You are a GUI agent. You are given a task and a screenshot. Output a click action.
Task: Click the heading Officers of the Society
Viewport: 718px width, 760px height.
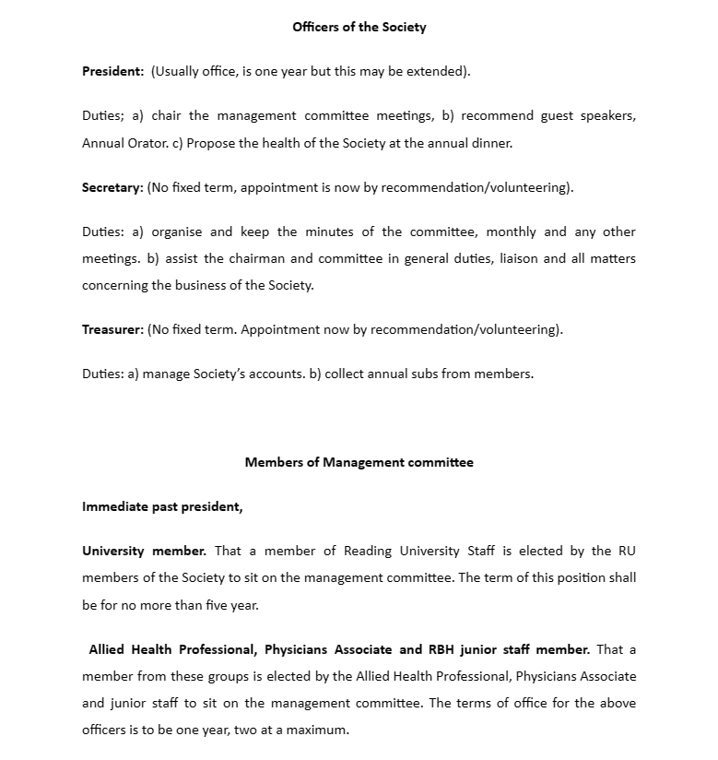[x=359, y=27]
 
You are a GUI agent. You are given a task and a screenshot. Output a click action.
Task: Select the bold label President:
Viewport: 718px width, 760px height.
[x=112, y=71]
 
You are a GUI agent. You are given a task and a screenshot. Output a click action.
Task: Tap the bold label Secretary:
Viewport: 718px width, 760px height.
[x=112, y=187]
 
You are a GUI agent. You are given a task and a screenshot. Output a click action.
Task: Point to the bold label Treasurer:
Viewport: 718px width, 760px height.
[x=112, y=329]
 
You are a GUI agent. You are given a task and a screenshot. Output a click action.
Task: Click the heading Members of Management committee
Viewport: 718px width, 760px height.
[x=359, y=462]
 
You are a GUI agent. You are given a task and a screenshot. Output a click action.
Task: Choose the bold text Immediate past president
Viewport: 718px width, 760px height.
[x=161, y=506]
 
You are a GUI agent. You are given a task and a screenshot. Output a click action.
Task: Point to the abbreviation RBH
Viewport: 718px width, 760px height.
[x=449, y=649]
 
